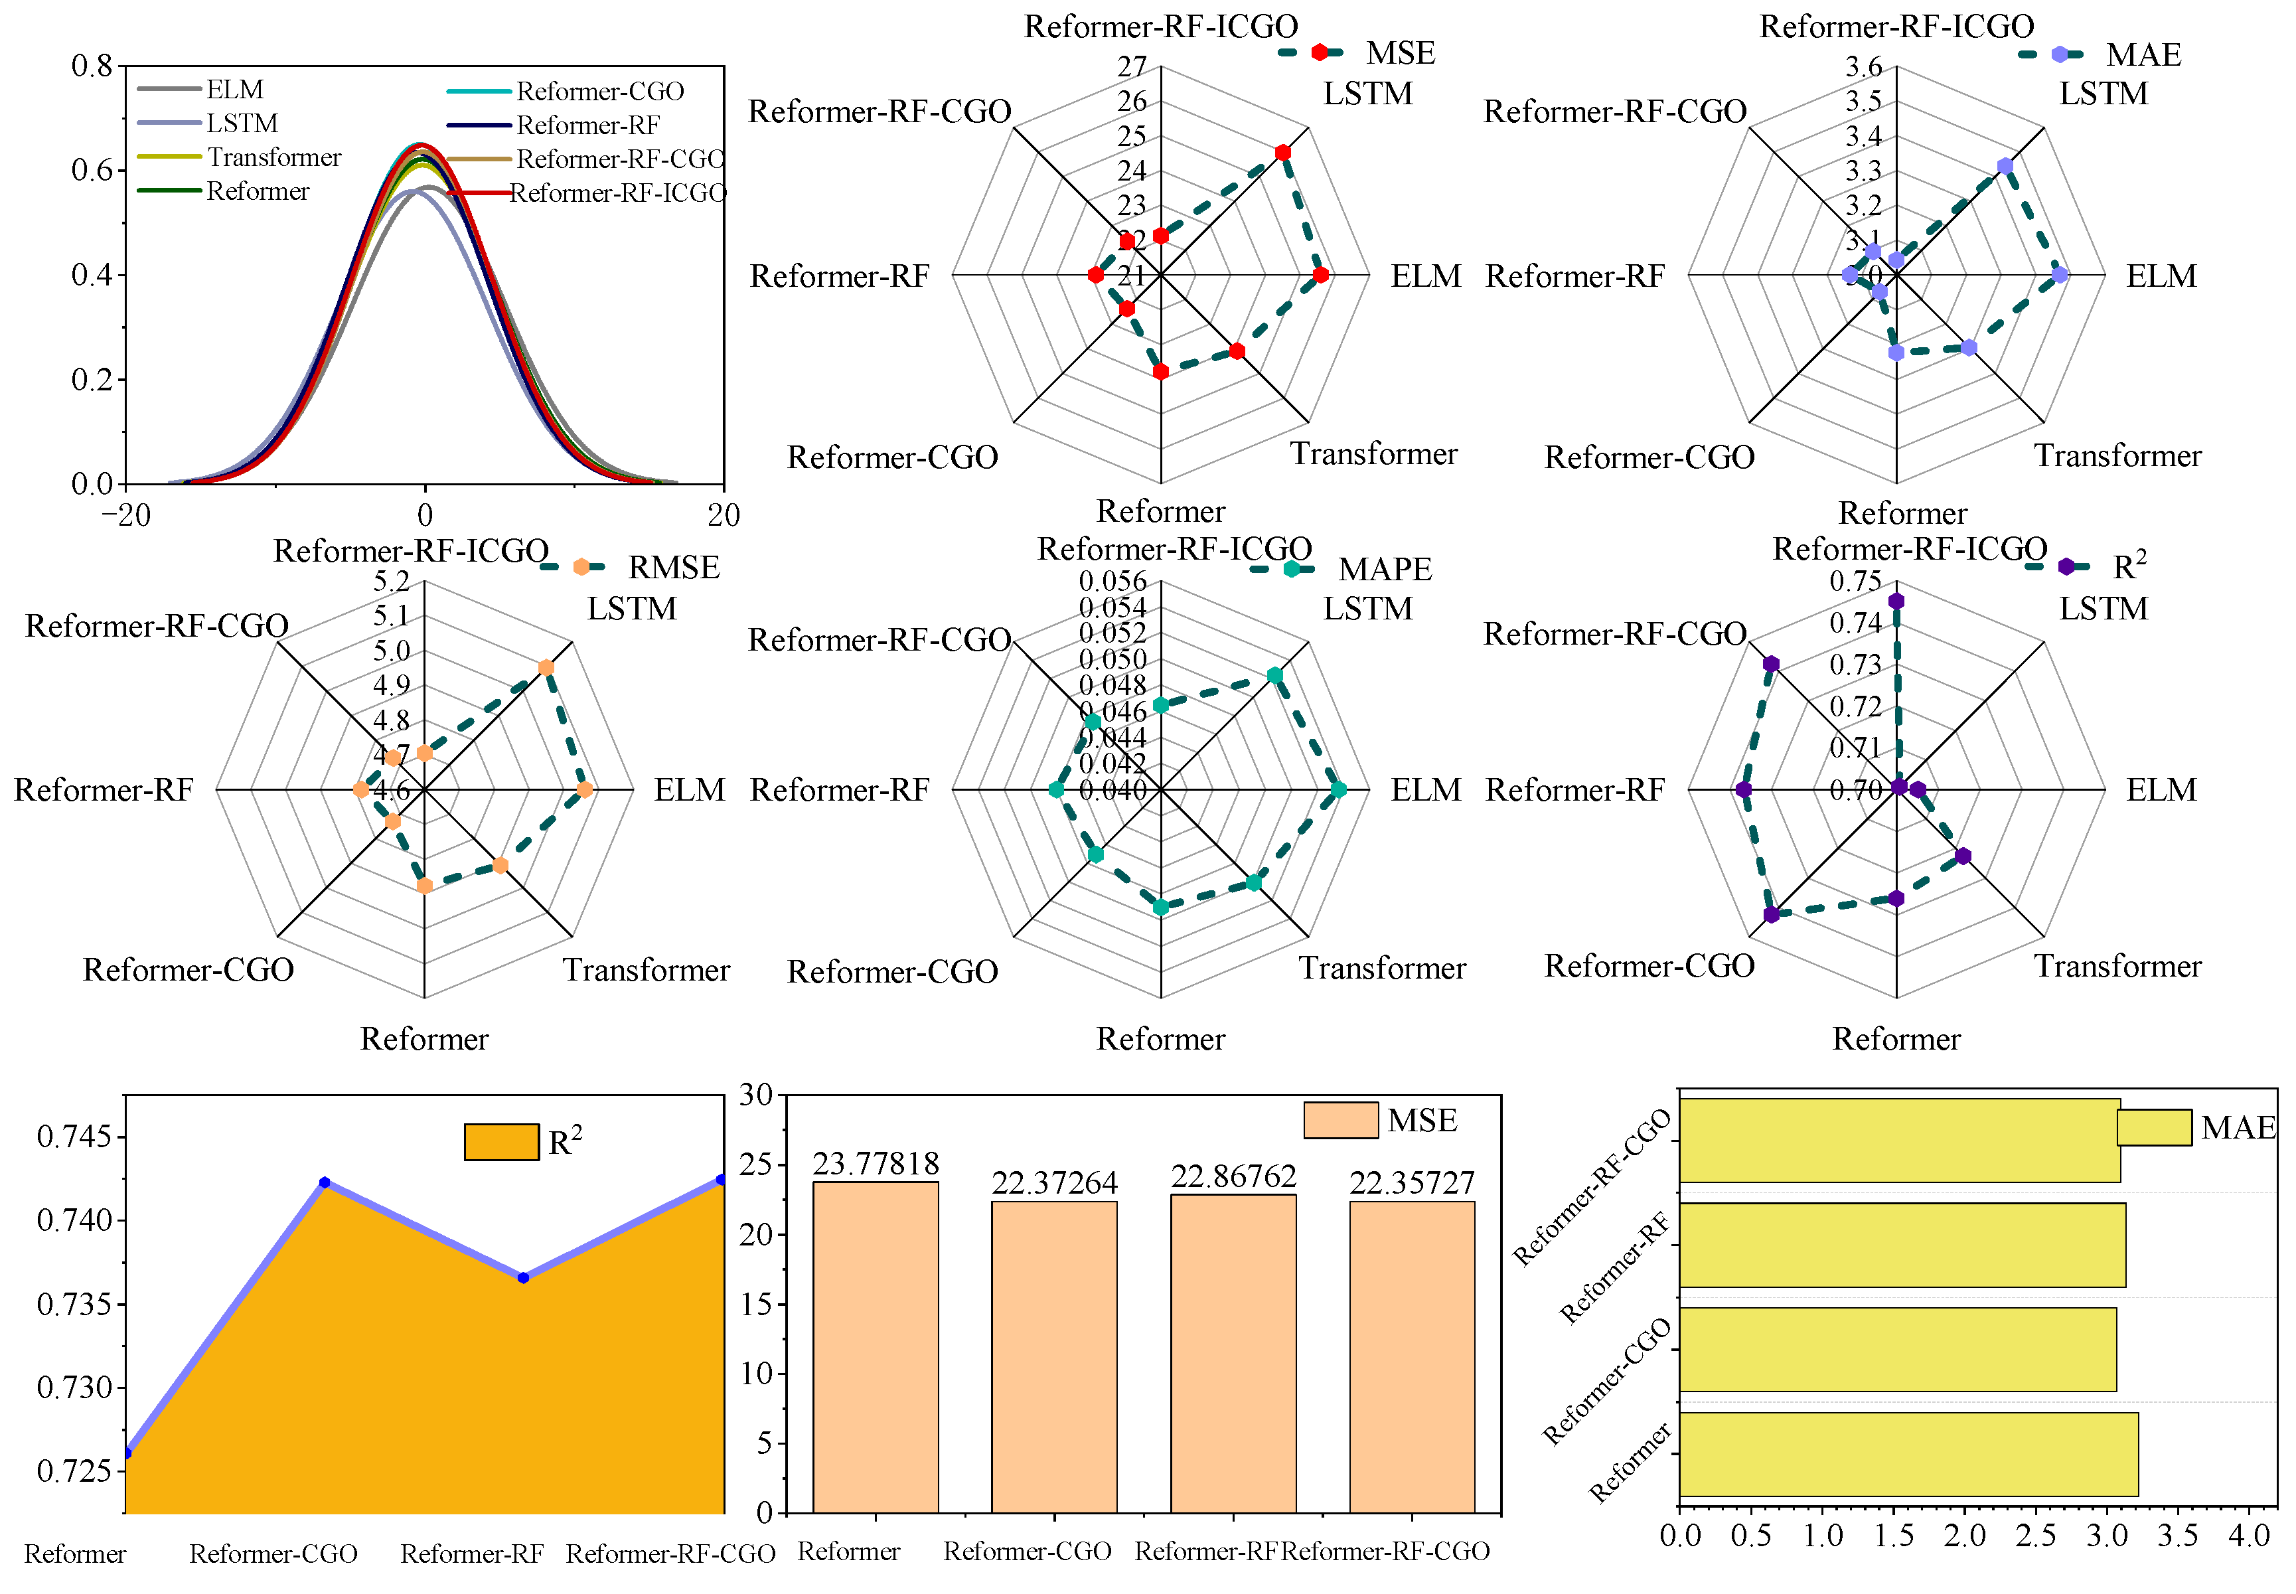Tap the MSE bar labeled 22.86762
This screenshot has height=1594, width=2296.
[x=1233, y=1353]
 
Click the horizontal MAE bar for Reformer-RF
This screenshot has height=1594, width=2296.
[x=1902, y=1244]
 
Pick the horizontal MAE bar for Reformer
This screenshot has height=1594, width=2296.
[x=1908, y=1453]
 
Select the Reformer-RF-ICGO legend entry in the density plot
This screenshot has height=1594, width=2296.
[x=617, y=193]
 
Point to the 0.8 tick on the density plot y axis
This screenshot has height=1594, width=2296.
[x=92, y=67]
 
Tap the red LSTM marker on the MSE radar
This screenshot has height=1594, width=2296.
[x=1282, y=153]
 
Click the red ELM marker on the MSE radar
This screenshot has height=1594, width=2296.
[x=1320, y=275]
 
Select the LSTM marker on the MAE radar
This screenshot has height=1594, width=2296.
[x=2005, y=167]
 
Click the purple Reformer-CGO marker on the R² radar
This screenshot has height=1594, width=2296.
[x=1771, y=915]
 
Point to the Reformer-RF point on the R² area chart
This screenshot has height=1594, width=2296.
[x=523, y=1277]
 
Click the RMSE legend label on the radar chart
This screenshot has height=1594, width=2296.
[x=673, y=567]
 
